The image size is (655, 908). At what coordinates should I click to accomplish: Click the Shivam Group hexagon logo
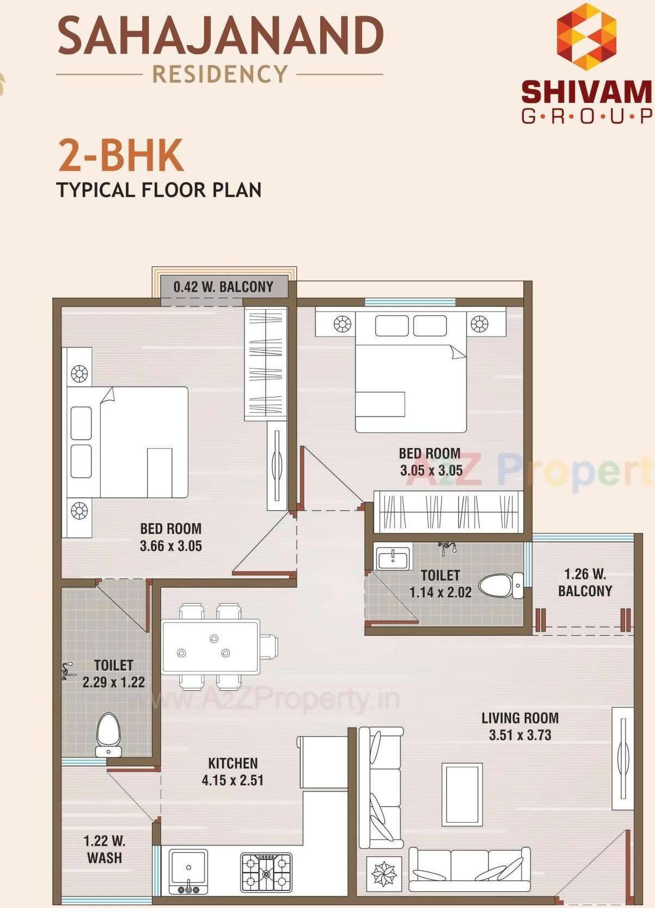[x=586, y=36]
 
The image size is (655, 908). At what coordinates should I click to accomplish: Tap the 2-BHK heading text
[x=120, y=156]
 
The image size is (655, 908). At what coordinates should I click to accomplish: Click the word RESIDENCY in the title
[x=220, y=74]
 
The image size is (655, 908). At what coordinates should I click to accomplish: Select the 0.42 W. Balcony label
[x=223, y=287]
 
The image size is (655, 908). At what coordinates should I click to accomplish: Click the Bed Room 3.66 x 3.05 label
[x=170, y=537]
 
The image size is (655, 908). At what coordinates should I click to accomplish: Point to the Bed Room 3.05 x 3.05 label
[x=431, y=462]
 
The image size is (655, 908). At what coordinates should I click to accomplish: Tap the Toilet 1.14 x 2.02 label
[x=440, y=584]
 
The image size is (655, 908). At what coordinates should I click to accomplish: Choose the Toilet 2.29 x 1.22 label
[x=113, y=673]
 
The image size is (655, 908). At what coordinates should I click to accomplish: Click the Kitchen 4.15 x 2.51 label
[x=232, y=771]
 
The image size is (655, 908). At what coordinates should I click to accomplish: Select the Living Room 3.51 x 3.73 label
[x=519, y=726]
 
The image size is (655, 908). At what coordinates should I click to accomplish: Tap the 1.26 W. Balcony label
[x=585, y=582]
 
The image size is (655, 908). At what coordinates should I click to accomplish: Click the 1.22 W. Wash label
[x=104, y=849]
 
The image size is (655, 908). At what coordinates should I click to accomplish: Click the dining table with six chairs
[x=211, y=646]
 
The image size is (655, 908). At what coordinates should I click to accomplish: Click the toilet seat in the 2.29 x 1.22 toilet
[x=108, y=733]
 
